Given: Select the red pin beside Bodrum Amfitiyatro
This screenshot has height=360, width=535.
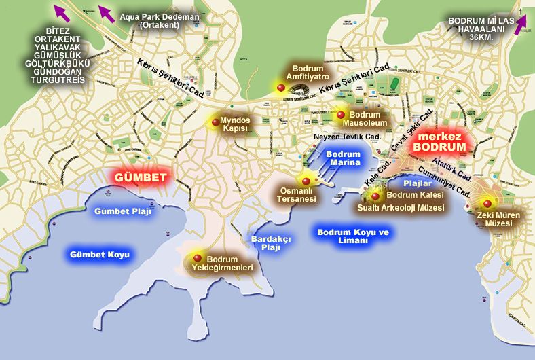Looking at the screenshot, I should click(281, 87).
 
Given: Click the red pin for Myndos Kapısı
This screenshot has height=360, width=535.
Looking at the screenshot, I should click(215, 122).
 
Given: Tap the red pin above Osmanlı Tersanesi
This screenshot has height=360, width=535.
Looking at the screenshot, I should click(306, 181).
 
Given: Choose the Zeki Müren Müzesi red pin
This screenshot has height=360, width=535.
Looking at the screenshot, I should click(486, 202).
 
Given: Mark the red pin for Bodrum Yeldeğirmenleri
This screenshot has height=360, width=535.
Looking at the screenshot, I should click(198, 257).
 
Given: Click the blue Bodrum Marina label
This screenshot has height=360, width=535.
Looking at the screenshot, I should click(343, 158).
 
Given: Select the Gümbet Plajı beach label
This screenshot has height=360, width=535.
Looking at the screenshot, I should click(123, 211).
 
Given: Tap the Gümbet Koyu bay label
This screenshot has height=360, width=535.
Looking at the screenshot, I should click(99, 255).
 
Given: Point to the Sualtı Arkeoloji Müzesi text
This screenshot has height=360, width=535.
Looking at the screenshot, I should click(401, 208).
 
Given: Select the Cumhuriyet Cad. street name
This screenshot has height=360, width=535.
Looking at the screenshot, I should click(445, 183).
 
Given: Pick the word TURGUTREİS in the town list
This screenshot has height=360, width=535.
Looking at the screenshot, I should click(58, 79).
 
